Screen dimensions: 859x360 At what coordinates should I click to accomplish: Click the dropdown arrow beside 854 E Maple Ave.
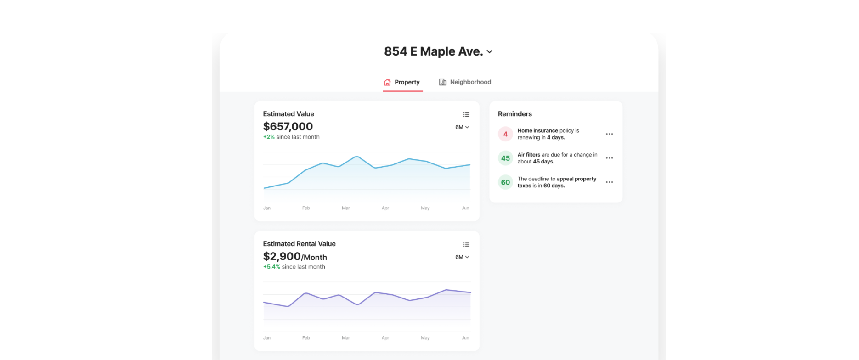click(x=490, y=52)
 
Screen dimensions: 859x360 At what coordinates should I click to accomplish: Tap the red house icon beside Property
click(x=387, y=82)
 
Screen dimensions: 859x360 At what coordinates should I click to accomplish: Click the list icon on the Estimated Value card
click(x=466, y=114)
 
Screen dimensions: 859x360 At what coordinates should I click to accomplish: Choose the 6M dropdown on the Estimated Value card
click(x=462, y=127)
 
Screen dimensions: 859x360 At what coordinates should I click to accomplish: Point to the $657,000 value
click(x=288, y=126)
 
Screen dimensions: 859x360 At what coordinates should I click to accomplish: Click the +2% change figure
click(x=269, y=137)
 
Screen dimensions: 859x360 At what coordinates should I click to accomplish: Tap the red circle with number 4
click(x=505, y=134)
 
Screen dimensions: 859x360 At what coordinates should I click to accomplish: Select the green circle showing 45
click(x=505, y=158)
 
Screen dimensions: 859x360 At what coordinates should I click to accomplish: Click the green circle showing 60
click(x=505, y=182)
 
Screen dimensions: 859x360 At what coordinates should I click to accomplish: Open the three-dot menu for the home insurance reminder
click(x=609, y=134)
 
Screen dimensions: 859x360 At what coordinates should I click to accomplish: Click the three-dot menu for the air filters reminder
click(x=609, y=158)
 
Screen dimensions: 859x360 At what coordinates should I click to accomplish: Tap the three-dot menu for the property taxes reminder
click(x=609, y=182)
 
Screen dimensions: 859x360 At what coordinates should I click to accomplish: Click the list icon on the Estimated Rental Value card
click(x=466, y=244)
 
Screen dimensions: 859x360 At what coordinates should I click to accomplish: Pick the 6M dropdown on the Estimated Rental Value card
click(x=462, y=257)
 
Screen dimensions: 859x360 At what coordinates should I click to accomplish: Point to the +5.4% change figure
click(x=271, y=267)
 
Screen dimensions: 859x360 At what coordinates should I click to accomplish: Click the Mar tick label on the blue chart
click(x=346, y=208)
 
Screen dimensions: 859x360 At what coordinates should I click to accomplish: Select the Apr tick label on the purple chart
click(x=385, y=338)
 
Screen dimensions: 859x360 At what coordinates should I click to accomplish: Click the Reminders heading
click(x=515, y=114)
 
